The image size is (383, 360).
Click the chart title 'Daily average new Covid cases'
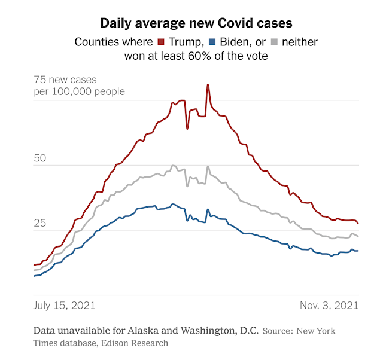click(191, 23)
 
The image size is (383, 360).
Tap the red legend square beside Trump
click(160, 42)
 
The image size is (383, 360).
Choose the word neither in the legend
click(300, 42)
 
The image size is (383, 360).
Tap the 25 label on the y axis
click(40, 223)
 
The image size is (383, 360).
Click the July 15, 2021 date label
click(65, 305)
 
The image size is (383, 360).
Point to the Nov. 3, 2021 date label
click(329, 305)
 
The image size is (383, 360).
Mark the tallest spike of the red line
click(208, 85)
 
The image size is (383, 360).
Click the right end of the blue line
click(358, 251)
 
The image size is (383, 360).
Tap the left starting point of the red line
click(34, 264)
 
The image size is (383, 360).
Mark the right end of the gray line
click(358, 236)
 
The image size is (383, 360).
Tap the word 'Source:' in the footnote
click(282, 331)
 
